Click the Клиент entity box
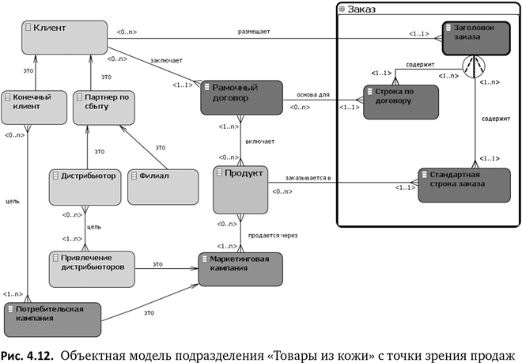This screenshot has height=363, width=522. tap(64, 38)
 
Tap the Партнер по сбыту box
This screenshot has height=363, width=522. tap(101, 106)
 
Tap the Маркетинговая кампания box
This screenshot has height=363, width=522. tap(240, 268)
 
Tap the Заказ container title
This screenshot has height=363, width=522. tap(361, 9)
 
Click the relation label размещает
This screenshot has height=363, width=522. tap(253, 32)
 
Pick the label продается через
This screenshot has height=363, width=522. tap(273, 235)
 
